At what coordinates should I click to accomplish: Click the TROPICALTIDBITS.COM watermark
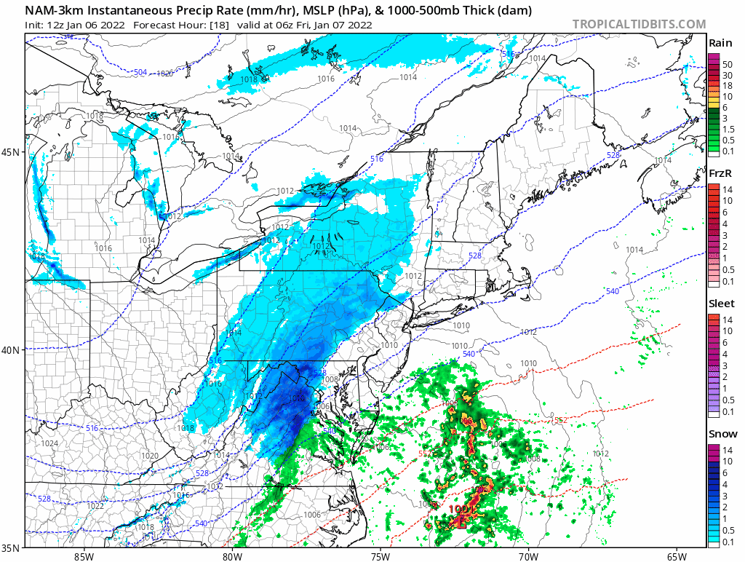639,24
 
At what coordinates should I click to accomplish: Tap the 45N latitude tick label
11,152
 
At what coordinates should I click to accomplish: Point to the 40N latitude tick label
11,350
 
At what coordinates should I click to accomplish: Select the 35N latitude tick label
11,548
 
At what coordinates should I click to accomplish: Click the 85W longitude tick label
84,557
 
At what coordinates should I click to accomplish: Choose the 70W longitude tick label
528,557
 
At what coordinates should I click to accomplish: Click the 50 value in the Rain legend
727,64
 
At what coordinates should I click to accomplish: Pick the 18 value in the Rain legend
727,85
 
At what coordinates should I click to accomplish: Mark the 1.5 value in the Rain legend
727,128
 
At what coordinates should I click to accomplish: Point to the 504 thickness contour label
140,72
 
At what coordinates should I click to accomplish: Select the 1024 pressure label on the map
49,443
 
